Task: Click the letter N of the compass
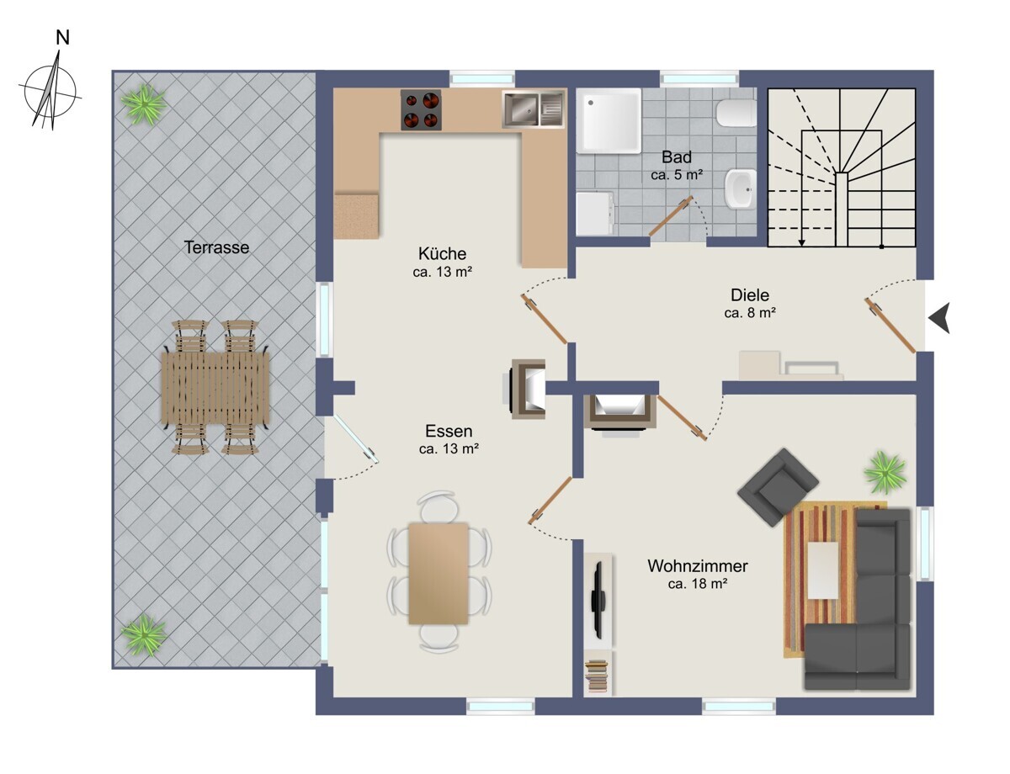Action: pyautogui.click(x=63, y=38)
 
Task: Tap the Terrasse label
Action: pyautogui.click(x=216, y=247)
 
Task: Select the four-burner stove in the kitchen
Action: pyautogui.click(x=421, y=110)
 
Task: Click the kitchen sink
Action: pyautogui.click(x=533, y=109)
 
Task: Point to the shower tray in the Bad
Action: pyautogui.click(x=609, y=121)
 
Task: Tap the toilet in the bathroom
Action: pyautogui.click(x=736, y=113)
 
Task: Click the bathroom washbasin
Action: pyautogui.click(x=741, y=189)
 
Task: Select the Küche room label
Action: pyautogui.click(x=442, y=254)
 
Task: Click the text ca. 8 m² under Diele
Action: pyautogui.click(x=750, y=313)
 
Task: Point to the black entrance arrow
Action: pyautogui.click(x=940, y=318)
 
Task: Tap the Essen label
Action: pyautogui.click(x=449, y=431)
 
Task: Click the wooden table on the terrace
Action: pyautogui.click(x=215, y=387)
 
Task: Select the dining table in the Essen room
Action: pyautogui.click(x=439, y=573)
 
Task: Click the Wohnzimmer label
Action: pyautogui.click(x=697, y=566)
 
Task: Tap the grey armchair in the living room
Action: pyautogui.click(x=778, y=487)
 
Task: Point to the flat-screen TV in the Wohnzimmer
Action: pyautogui.click(x=598, y=600)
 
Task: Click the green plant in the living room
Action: pyautogui.click(x=885, y=473)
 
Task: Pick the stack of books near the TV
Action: pyautogui.click(x=597, y=677)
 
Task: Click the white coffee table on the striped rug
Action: pyautogui.click(x=823, y=570)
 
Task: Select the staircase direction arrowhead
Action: pyautogui.click(x=802, y=242)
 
